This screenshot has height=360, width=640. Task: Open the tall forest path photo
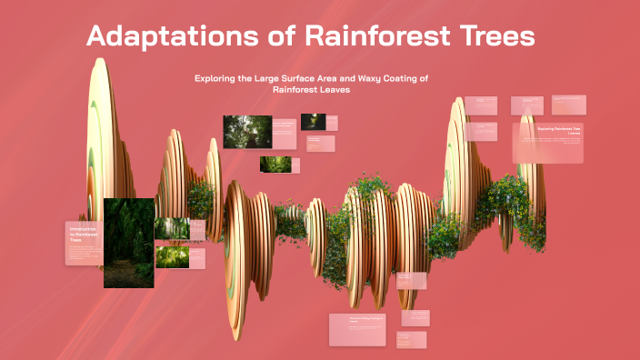(x=128, y=243)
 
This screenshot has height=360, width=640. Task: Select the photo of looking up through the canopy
(x=247, y=131)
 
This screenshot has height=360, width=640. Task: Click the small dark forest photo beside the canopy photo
(x=314, y=121)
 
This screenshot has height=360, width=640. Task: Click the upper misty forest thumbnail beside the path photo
(x=172, y=228)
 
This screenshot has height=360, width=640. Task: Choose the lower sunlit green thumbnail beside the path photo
(x=172, y=257)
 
